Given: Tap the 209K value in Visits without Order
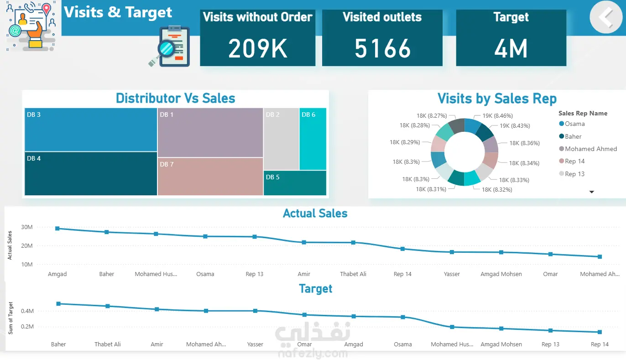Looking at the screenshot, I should (x=258, y=48).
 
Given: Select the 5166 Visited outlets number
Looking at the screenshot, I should (x=382, y=48).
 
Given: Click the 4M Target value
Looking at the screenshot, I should (x=511, y=48).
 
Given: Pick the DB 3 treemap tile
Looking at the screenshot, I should (x=91, y=130).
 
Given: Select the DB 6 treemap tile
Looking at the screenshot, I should (x=313, y=139).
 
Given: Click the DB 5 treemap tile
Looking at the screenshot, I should (x=295, y=183).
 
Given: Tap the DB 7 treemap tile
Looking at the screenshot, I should (x=210, y=177).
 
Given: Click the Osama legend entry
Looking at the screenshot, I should (x=574, y=124).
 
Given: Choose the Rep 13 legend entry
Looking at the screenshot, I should (x=574, y=174).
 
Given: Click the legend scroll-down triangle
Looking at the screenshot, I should (x=592, y=192).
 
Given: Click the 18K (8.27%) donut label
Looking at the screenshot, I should (x=432, y=116).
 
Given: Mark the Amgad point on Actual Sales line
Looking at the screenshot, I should (x=57, y=228).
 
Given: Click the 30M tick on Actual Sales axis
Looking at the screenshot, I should (x=27, y=227).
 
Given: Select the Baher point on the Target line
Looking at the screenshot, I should (x=58, y=303).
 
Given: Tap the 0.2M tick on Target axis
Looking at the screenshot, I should (x=27, y=327).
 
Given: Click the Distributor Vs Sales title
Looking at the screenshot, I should (x=175, y=98).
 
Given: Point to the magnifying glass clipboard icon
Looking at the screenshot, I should (x=169, y=47).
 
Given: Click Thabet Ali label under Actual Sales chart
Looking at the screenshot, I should (x=353, y=274).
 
